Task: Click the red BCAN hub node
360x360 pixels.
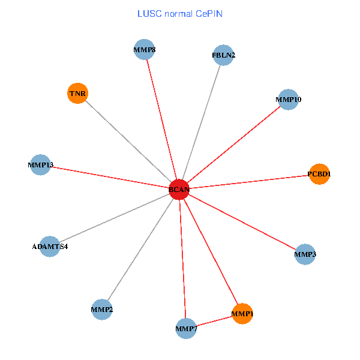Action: point(179,190)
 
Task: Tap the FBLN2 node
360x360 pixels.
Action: point(223,55)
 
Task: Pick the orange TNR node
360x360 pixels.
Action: point(78,93)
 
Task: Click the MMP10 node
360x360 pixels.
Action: point(289,99)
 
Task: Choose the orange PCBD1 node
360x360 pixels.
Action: point(319,174)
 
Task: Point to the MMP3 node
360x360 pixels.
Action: point(305,254)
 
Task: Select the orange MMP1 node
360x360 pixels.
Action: point(242,313)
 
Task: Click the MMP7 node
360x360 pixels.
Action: point(187,328)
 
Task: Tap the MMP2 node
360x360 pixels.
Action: point(102,310)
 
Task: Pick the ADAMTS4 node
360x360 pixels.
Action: point(50,246)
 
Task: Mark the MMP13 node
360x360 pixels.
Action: point(41,164)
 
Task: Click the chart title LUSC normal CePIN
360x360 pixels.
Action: point(180,13)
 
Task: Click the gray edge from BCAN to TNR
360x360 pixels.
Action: point(128,141)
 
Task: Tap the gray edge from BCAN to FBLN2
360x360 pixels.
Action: point(201,122)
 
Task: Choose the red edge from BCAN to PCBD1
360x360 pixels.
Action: point(249,182)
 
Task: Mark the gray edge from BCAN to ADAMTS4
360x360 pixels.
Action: point(115,218)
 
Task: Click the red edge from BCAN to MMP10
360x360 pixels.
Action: point(234,144)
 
